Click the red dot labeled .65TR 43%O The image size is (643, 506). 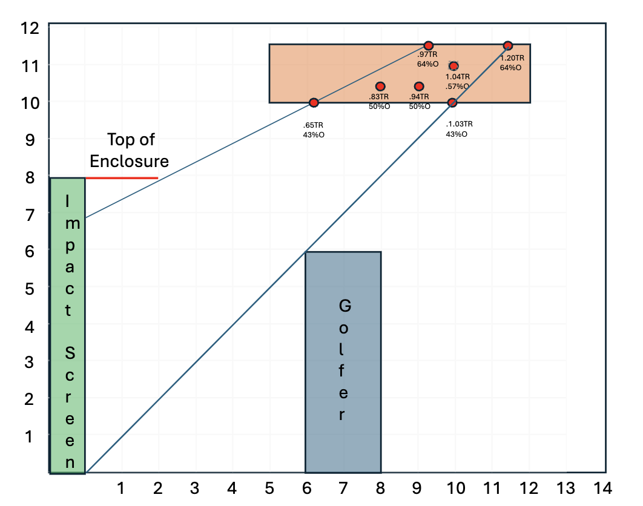pos(314,102)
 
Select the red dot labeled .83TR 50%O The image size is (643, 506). pos(381,86)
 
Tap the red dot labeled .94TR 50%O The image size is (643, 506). pos(419,86)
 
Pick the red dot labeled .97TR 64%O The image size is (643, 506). pos(429,45)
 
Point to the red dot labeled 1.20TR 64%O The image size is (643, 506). pos(507,45)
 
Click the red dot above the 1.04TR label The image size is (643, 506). pos(453,65)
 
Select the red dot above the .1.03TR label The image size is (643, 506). pos(452,102)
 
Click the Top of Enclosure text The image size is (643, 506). pos(130,151)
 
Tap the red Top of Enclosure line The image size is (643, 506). pos(122,178)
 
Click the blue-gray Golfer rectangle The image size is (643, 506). pos(343,362)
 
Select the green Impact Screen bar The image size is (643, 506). pos(67,326)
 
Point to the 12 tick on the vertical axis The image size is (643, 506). pos(30,28)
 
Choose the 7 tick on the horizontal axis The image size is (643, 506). pos(343,488)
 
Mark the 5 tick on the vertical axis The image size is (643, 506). pos(30,289)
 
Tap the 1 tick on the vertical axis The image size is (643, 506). pos(28,437)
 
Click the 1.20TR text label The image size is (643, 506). pos(512,58)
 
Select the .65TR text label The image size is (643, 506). pos(313,125)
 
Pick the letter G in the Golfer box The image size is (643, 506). pos(345,306)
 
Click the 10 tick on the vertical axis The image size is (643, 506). pos(30,103)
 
